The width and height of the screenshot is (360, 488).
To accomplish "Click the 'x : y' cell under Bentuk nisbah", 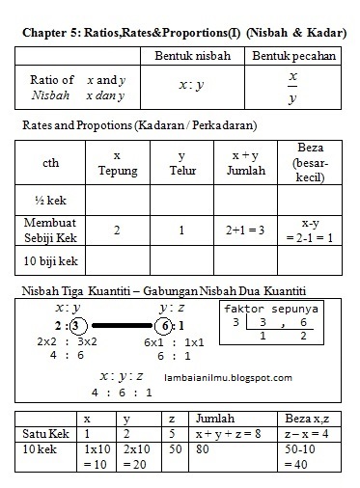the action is click(x=192, y=85).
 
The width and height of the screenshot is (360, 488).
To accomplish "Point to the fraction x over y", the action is click(x=293, y=86).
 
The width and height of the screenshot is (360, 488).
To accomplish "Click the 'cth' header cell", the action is click(x=51, y=163).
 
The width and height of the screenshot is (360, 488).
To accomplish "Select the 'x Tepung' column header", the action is click(x=117, y=163).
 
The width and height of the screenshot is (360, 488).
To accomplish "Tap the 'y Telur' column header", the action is click(x=181, y=163).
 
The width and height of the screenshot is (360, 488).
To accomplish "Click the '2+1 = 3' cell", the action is click(x=245, y=230).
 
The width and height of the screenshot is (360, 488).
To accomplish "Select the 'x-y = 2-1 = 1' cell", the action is click(x=311, y=230).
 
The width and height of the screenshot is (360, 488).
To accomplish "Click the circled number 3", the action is click(x=77, y=325).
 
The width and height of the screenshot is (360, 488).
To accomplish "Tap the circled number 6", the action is click(x=165, y=325).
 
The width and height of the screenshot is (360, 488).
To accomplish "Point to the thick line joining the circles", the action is click(x=121, y=325).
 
